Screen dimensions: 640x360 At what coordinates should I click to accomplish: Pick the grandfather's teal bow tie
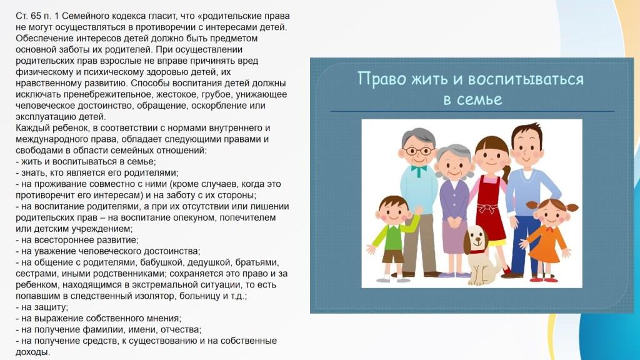tap(418, 169)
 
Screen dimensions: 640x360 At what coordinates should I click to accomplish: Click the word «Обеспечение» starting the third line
tap(41, 38)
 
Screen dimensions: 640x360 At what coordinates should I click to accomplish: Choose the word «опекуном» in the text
tap(197, 217)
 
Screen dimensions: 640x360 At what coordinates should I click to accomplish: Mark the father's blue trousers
tap(524, 245)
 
